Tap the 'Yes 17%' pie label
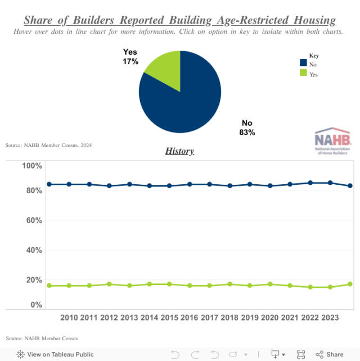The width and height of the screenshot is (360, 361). pyautogui.click(x=130, y=56)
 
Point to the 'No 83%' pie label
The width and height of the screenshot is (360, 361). pyautogui.click(x=247, y=128)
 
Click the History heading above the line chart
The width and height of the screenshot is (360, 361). pyautogui.click(x=179, y=151)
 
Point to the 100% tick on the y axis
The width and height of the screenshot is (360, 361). pyautogui.click(x=31, y=166)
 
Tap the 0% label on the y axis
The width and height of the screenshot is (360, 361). pyautogui.click(x=36, y=305)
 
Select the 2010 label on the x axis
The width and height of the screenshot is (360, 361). pyautogui.click(x=69, y=318)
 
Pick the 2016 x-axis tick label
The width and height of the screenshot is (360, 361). pyautogui.click(x=190, y=318)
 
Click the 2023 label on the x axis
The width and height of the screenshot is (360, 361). pyautogui.click(x=330, y=318)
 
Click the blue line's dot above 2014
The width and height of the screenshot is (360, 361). pyautogui.click(x=150, y=185)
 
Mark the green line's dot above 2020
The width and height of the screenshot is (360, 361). pyautogui.click(x=270, y=284)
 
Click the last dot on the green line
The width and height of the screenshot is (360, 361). pyautogui.click(x=350, y=284)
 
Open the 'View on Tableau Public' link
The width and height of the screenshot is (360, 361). pyautogui.click(x=55, y=354)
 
